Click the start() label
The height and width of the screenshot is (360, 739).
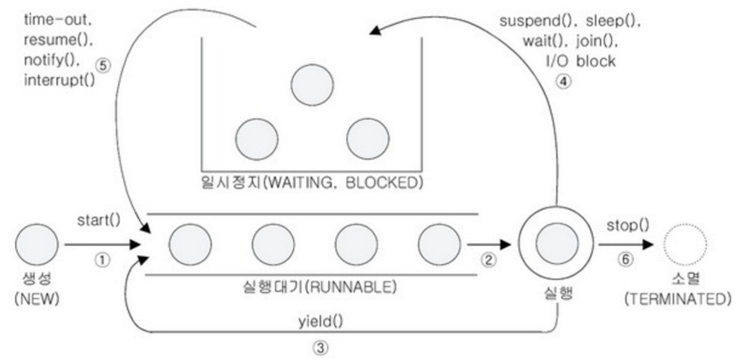(x=98, y=220)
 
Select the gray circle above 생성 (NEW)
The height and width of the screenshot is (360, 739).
(x=37, y=244)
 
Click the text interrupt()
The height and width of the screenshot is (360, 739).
(x=59, y=80)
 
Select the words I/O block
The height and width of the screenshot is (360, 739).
(x=580, y=61)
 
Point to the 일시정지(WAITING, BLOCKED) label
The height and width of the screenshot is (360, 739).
(x=311, y=182)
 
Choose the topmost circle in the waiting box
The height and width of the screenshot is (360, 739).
(x=312, y=85)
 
